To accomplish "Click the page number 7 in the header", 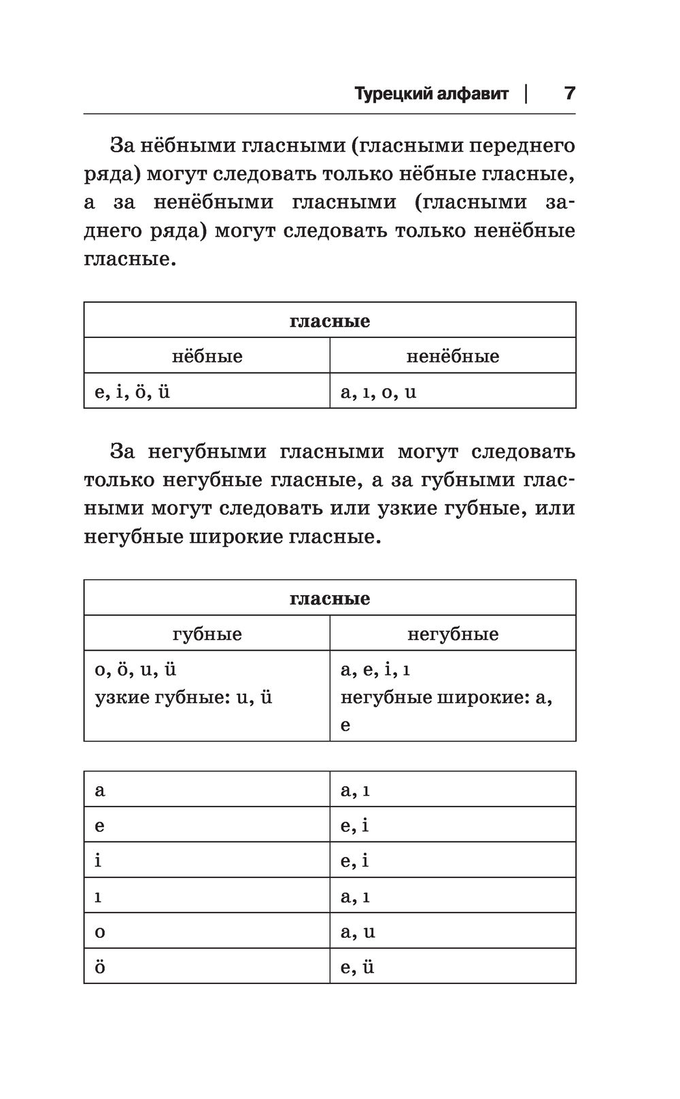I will [569, 93].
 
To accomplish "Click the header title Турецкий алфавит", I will [431, 94].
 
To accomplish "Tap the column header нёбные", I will [207, 356].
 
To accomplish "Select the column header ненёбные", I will [452, 356].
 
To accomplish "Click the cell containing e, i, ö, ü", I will [133, 392].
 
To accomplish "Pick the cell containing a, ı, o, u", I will [378, 392].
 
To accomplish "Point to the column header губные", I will [207, 634].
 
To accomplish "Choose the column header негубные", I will [452, 634].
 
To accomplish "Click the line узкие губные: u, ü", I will [184, 697].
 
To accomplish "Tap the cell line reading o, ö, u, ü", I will [136, 669].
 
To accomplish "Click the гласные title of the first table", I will [330, 320].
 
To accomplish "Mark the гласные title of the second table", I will [330, 598].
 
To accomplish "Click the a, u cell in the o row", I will [358, 931].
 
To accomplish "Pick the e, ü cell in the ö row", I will [358, 966].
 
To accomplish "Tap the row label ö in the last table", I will [100, 966].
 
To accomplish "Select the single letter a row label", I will [100, 790].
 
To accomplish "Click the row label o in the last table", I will [100, 932].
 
